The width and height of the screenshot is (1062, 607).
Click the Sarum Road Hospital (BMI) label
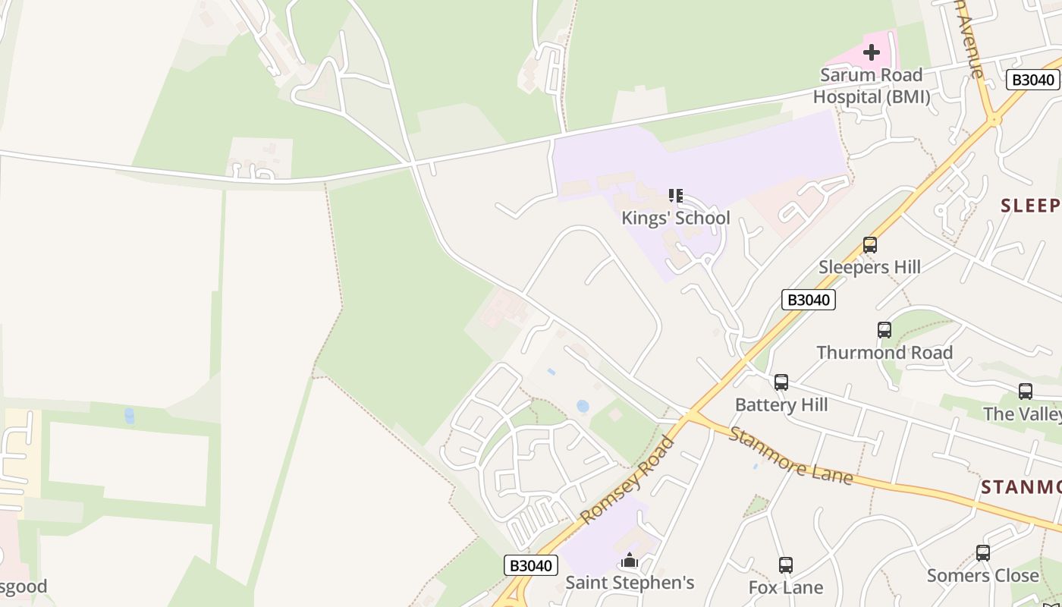[x=871, y=86]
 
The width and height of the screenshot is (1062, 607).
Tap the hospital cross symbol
[x=872, y=52]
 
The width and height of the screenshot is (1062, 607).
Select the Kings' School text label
[x=675, y=218]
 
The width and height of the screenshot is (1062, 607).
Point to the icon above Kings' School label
[x=675, y=196]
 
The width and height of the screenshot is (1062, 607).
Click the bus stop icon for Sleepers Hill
[x=870, y=245]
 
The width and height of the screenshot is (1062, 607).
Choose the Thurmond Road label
[x=884, y=352]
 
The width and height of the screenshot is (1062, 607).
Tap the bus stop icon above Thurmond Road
[x=884, y=330]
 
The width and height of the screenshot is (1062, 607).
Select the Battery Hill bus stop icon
[x=781, y=382]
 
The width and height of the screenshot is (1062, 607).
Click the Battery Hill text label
[x=781, y=404]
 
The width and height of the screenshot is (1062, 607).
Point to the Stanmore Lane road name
[x=790, y=456]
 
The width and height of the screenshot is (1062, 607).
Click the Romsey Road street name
[x=627, y=480]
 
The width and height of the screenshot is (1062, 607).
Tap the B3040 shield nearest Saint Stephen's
[x=531, y=565]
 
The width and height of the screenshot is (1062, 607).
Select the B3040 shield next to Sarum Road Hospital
[x=1032, y=80]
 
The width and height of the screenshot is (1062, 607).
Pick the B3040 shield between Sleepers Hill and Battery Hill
[x=809, y=300]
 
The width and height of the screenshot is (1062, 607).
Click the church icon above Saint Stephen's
[x=629, y=561]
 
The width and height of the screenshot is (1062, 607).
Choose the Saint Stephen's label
[x=630, y=583]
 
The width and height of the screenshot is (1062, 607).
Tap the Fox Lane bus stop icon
[x=786, y=565]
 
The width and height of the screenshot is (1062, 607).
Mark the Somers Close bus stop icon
[x=983, y=553]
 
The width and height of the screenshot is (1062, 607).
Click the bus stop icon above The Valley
[x=1026, y=392]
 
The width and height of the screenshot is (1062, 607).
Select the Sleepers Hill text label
[x=870, y=267]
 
